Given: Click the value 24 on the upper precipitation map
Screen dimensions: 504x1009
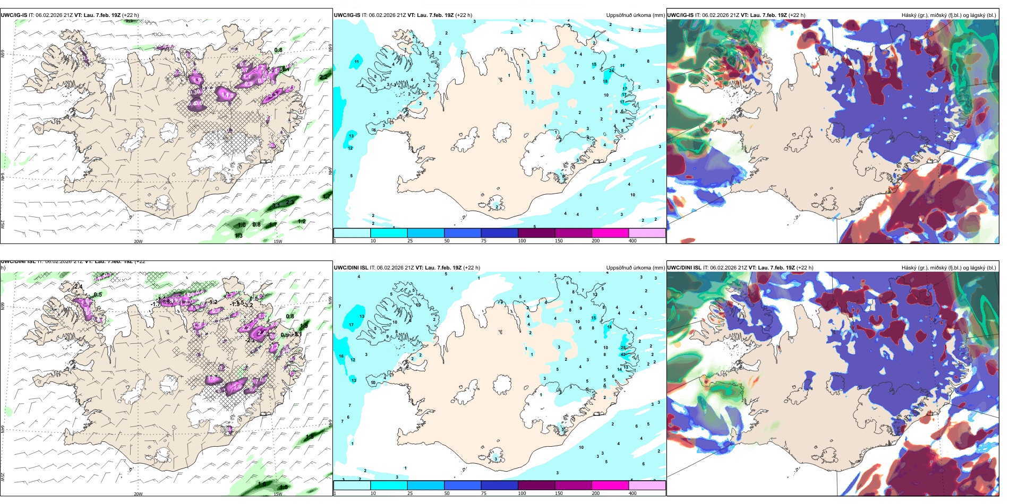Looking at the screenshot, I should (612, 71).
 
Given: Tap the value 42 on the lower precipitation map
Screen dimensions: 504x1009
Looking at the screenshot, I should (623, 354).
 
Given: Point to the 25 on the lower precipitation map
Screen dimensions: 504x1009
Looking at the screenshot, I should (623, 348).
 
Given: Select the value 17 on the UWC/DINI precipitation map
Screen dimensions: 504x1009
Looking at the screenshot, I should (351, 325).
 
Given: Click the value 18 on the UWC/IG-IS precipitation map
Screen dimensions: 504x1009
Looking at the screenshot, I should (605, 81).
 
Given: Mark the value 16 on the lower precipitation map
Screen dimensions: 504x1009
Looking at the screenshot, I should (341, 357).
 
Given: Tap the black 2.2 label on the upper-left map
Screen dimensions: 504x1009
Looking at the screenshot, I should (323, 77).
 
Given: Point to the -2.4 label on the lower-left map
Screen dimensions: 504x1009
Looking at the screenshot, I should (78, 287).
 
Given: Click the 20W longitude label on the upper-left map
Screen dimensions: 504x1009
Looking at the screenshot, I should (138, 241).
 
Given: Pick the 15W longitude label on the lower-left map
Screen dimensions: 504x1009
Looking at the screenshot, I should (278, 494).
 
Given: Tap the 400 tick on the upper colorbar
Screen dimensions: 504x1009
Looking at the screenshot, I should (632, 241).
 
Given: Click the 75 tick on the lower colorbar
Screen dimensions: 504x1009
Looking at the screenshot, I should (484, 493).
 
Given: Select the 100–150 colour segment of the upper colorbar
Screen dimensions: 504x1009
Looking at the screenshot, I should (536, 233).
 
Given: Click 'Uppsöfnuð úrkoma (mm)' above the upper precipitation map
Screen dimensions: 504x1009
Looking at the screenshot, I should (635, 15).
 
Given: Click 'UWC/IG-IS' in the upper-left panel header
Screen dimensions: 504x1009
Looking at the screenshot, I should (14, 15).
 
